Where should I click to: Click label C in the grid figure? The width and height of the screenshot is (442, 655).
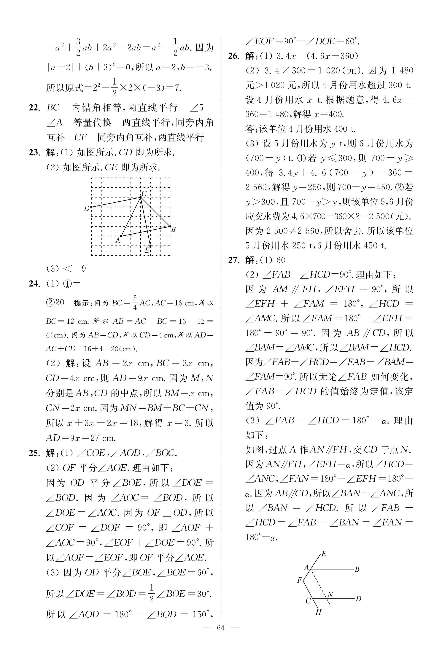(144, 194)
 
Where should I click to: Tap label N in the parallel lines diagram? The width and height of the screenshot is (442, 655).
(330, 595)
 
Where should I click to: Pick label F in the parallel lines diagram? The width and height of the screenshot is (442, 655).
(300, 580)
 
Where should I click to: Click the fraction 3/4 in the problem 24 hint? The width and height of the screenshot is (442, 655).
(135, 303)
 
